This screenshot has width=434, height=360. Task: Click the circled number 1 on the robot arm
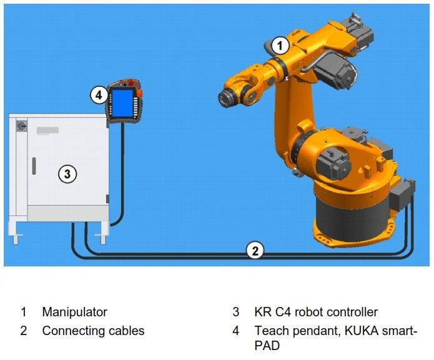point(280,45)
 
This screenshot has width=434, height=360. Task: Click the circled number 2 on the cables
point(254,250)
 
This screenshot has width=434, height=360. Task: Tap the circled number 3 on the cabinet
point(67,173)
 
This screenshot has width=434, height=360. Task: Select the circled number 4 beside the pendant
point(98,95)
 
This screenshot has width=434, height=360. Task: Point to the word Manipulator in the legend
point(74,312)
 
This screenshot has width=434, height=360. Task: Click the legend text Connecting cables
point(93,331)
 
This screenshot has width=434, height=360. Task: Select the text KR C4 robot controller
point(315,312)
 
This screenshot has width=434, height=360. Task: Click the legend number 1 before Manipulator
point(23,312)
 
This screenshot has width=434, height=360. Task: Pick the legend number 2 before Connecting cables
point(23,331)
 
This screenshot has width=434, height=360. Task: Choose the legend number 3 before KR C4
point(236,312)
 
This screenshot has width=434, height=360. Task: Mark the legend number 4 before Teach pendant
point(236,331)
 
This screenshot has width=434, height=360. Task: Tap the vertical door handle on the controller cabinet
point(34,167)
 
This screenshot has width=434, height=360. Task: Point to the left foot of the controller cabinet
point(15,237)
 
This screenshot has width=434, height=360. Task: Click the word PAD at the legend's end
point(267,345)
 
